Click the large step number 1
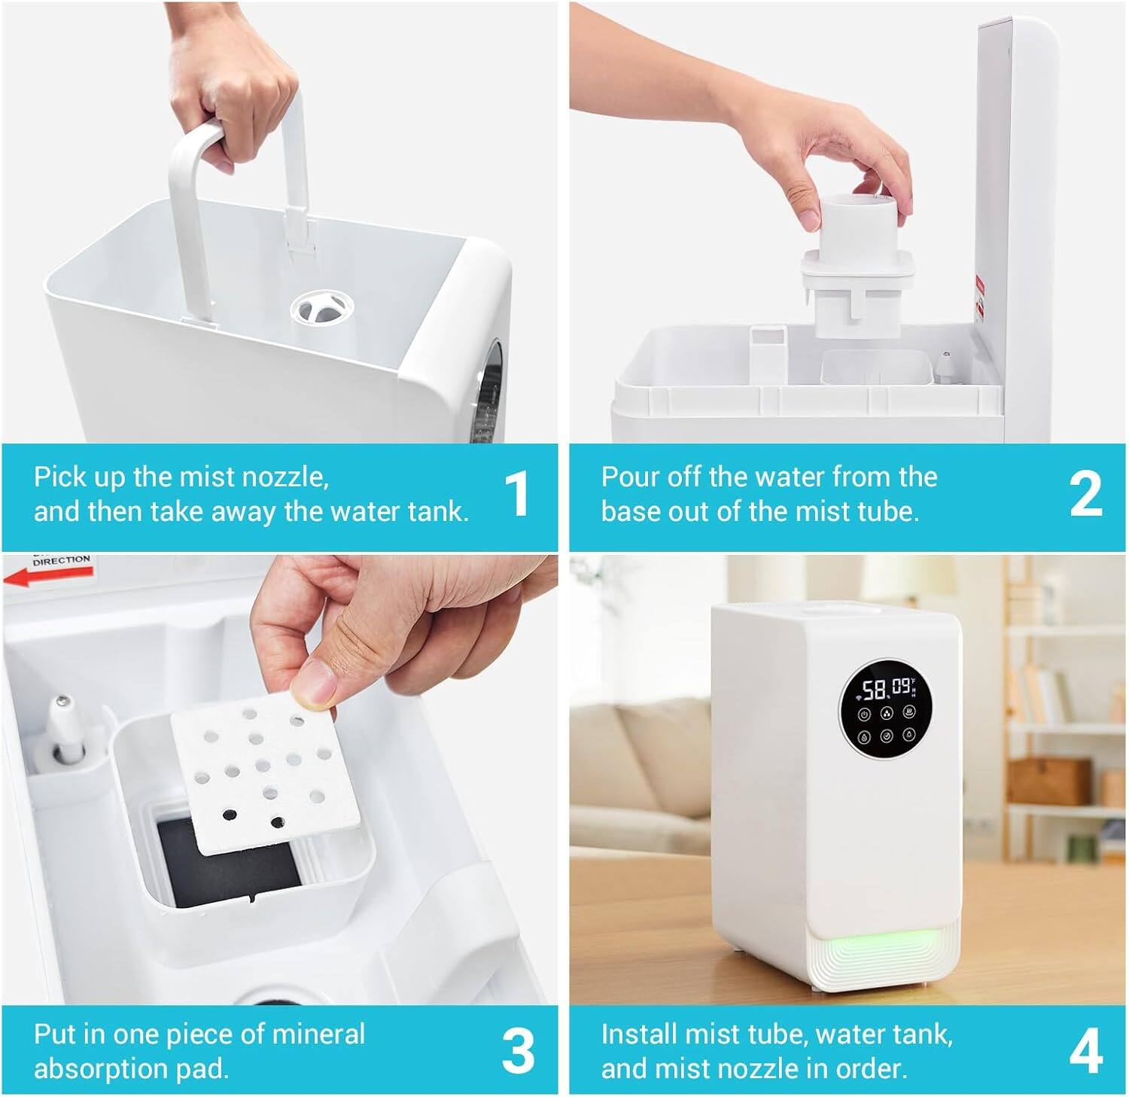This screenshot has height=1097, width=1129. tap(516, 494)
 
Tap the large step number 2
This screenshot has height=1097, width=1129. tap(1085, 494)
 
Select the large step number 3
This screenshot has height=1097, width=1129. tap(518, 1051)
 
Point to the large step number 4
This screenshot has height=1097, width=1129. tap(1085, 1051)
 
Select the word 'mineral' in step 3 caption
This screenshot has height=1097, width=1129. tap(318, 1035)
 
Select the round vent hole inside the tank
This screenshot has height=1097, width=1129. tap(321, 308)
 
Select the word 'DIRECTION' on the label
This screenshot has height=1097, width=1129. tap(61, 561)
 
